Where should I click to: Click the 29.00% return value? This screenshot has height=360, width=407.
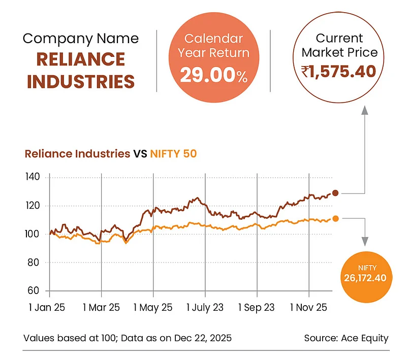point(213,76)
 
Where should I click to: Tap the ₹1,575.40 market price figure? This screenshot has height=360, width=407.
point(338,72)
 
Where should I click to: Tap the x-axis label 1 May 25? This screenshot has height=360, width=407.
point(153,308)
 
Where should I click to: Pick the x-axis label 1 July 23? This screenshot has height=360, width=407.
point(205,308)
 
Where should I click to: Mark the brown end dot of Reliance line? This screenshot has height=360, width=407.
point(335,193)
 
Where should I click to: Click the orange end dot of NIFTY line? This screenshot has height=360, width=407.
point(335,218)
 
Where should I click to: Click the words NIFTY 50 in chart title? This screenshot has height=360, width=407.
point(173,153)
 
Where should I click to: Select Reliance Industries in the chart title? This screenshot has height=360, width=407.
point(77,153)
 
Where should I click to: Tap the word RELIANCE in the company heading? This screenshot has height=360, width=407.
point(80,59)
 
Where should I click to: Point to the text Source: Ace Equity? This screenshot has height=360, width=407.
point(346,338)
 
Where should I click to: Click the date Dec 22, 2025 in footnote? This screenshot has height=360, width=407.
point(202,338)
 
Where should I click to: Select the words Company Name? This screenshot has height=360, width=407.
point(80,39)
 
